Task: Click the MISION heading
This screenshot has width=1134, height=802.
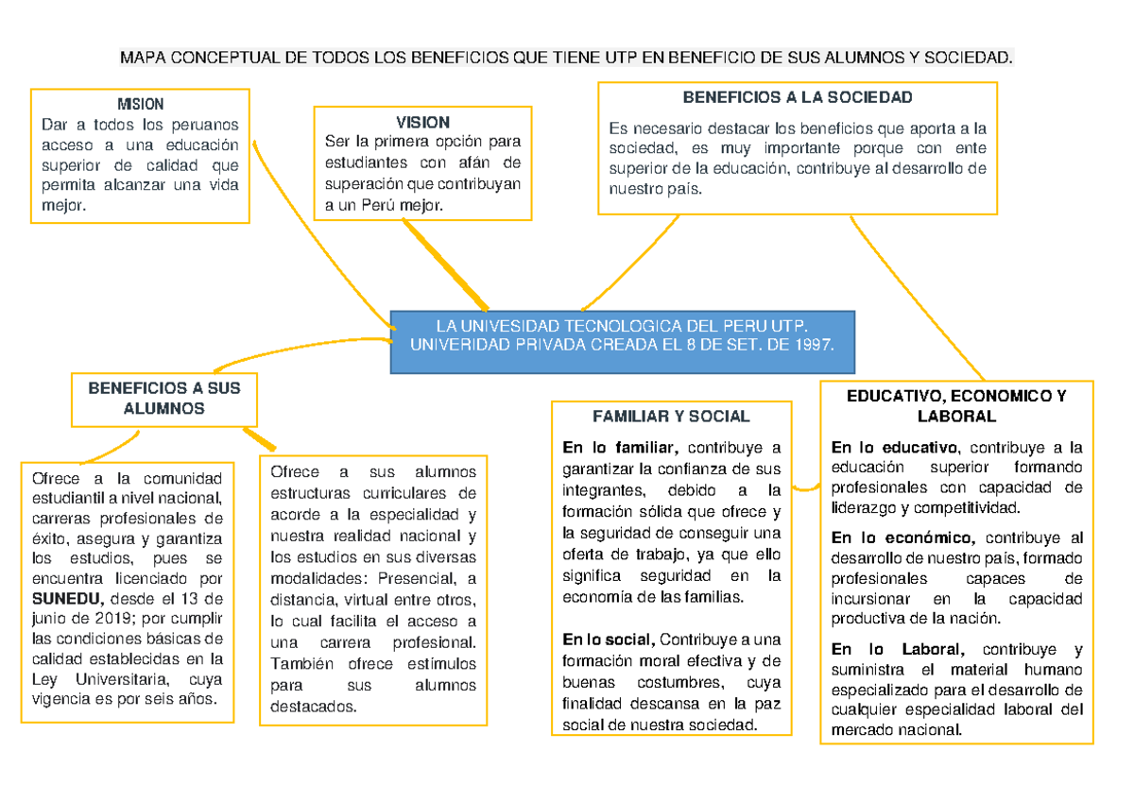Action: tap(140, 104)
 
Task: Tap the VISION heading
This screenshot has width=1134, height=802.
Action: tap(422, 122)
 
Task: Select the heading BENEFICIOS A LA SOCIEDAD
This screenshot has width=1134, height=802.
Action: tap(798, 97)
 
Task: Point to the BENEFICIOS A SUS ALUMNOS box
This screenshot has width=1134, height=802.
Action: tap(164, 399)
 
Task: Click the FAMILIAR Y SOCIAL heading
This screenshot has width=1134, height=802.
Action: tap(670, 416)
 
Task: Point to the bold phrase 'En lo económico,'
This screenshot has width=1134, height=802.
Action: tap(902, 538)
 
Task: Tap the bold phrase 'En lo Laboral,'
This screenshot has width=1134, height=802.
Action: tap(898, 649)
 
